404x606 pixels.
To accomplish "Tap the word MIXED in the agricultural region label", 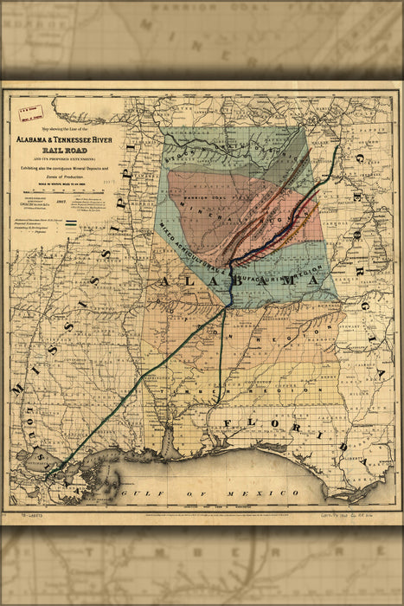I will click(x=170, y=235).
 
